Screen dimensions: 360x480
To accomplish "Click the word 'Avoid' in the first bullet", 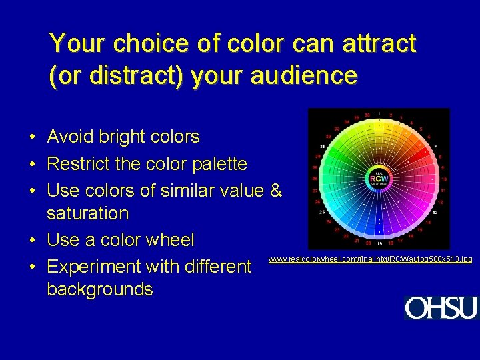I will (x=70, y=137).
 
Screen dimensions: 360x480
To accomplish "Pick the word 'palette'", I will (x=215, y=164).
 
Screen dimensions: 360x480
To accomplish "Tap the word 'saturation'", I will (x=87, y=213).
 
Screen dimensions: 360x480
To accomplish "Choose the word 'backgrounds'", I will (x=100, y=289).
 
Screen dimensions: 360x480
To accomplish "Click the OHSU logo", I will (x=441, y=308).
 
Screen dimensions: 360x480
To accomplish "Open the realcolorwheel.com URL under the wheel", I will (x=370, y=259).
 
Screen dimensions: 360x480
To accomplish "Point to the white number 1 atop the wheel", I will (x=379, y=114).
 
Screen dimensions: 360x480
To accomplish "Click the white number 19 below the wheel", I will (x=379, y=244).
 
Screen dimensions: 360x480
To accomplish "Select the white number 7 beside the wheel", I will (x=435, y=147).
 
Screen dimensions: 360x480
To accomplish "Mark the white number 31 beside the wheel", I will (x=323, y=147).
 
